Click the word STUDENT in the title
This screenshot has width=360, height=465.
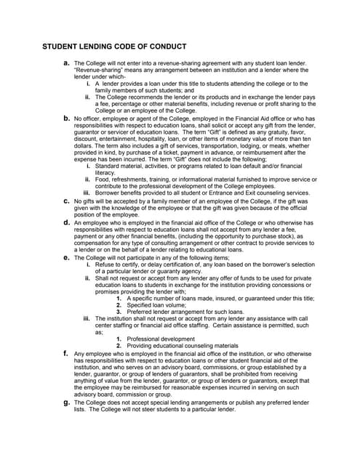[62, 47]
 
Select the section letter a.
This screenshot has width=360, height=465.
[66, 63]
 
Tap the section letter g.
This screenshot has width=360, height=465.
[66, 401]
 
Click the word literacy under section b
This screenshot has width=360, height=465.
[105, 172]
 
